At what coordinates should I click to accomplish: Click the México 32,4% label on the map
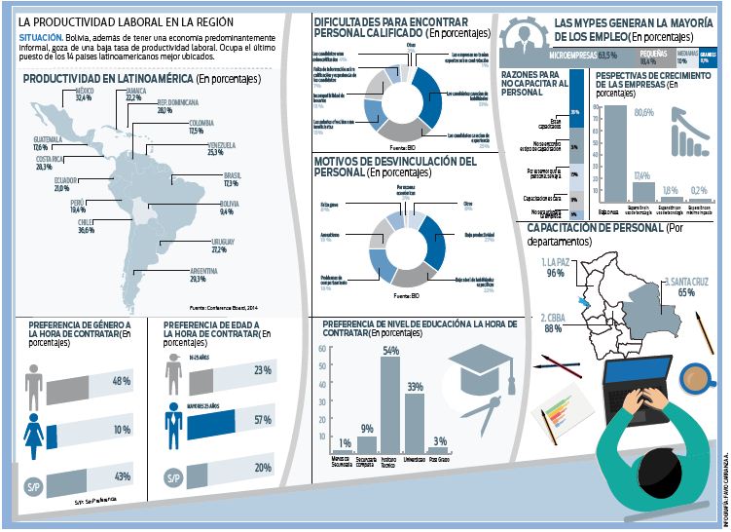coord(83,95)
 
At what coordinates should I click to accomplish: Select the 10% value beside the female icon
coord(122,430)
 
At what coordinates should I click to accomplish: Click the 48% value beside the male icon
coord(122,380)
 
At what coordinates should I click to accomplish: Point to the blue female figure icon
coord(34,429)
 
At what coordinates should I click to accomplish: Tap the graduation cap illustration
coord(477,367)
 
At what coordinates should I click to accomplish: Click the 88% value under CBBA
coord(554,329)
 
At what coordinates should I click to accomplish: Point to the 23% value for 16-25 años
coord(261,370)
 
